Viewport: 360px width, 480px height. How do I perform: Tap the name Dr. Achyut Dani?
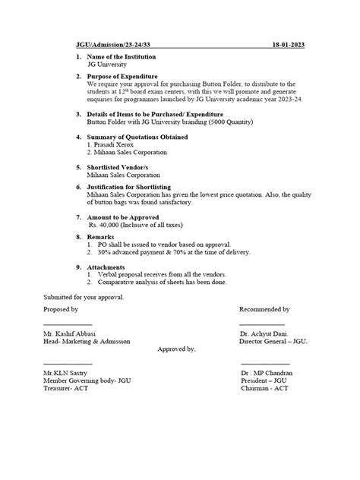[x=264, y=334]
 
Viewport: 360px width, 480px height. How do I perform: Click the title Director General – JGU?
[x=273, y=342]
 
